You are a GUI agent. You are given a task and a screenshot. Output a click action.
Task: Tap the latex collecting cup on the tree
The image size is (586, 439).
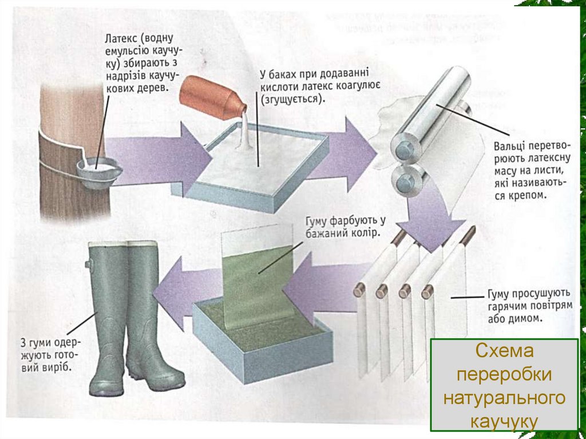[98, 171]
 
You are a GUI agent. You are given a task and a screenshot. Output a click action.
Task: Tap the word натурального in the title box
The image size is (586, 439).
[504, 397]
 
